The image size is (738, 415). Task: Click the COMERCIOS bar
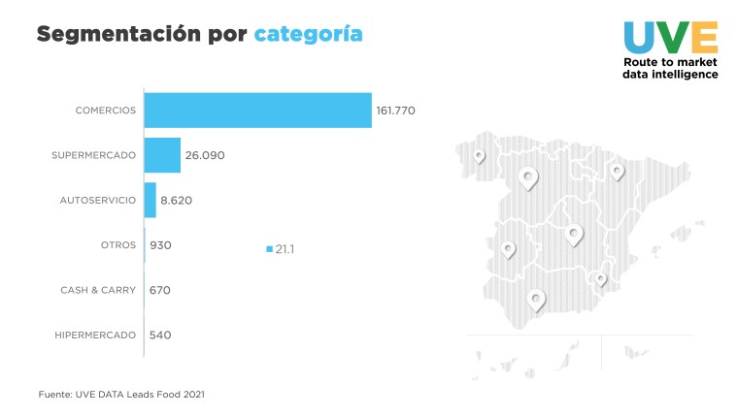pyautogui.click(x=258, y=111)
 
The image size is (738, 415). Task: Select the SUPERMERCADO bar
pyautogui.click(x=163, y=155)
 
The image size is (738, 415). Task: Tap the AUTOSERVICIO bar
pyautogui.click(x=151, y=200)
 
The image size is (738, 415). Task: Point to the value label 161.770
pyautogui.click(x=395, y=111)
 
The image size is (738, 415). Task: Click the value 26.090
pyautogui.click(x=205, y=155)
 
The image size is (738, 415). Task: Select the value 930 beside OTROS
pyautogui.click(x=160, y=245)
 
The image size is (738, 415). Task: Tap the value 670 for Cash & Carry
pyautogui.click(x=160, y=290)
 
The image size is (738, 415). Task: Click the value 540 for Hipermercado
pyautogui.click(x=160, y=335)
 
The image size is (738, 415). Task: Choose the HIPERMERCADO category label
pyautogui.click(x=96, y=335)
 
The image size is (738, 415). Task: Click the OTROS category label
pyautogui.click(x=118, y=245)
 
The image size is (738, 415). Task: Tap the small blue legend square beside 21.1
pyautogui.click(x=269, y=250)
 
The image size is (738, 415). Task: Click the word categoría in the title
pyautogui.click(x=308, y=35)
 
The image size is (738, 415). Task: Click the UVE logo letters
pyautogui.click(x=670, y=37)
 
